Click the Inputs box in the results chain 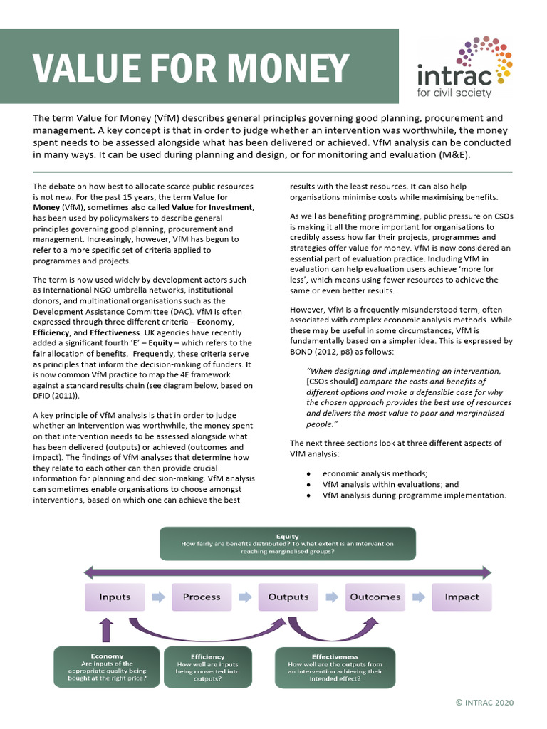pyautogui.click(x=115, y=597)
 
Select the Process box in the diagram pyautogui.click(x=202, y=597)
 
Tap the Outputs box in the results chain pyautogui.click(x=288, y=597)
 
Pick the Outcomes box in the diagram pyautogui.click(x=375, y=597)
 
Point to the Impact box pyautogui.click(x=462, y=597)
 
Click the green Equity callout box pyautogui.click(x=287, y=544)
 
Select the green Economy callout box pyautogui.click(x=107, y=667)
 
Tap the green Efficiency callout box pyautogui.click(x=207, y=668)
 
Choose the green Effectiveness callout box pyautogui.click(x=335, y=668)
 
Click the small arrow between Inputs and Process pyautogui.click(x=158, y=597)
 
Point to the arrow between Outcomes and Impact pyautogui.click(x=419, y=597)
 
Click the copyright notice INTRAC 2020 pyautogui.click(x=484, y=703)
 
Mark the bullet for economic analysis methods pyautogui.click(x=307, y=473)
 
